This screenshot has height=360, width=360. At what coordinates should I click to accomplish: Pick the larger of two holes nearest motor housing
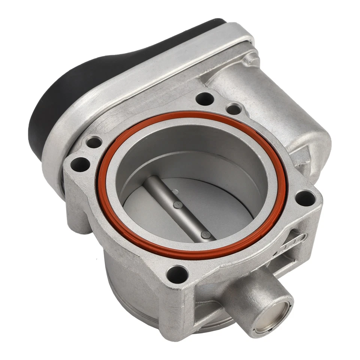(x=205, y=99)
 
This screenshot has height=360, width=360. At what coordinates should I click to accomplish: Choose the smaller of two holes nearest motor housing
(x=233, y=109)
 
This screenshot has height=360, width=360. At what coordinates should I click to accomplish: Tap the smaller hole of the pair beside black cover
(x=93, y=142)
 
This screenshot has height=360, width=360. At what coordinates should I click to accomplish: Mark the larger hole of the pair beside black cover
(x=80, y=164)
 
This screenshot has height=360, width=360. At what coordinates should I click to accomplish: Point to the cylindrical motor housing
(x=277, y=105)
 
